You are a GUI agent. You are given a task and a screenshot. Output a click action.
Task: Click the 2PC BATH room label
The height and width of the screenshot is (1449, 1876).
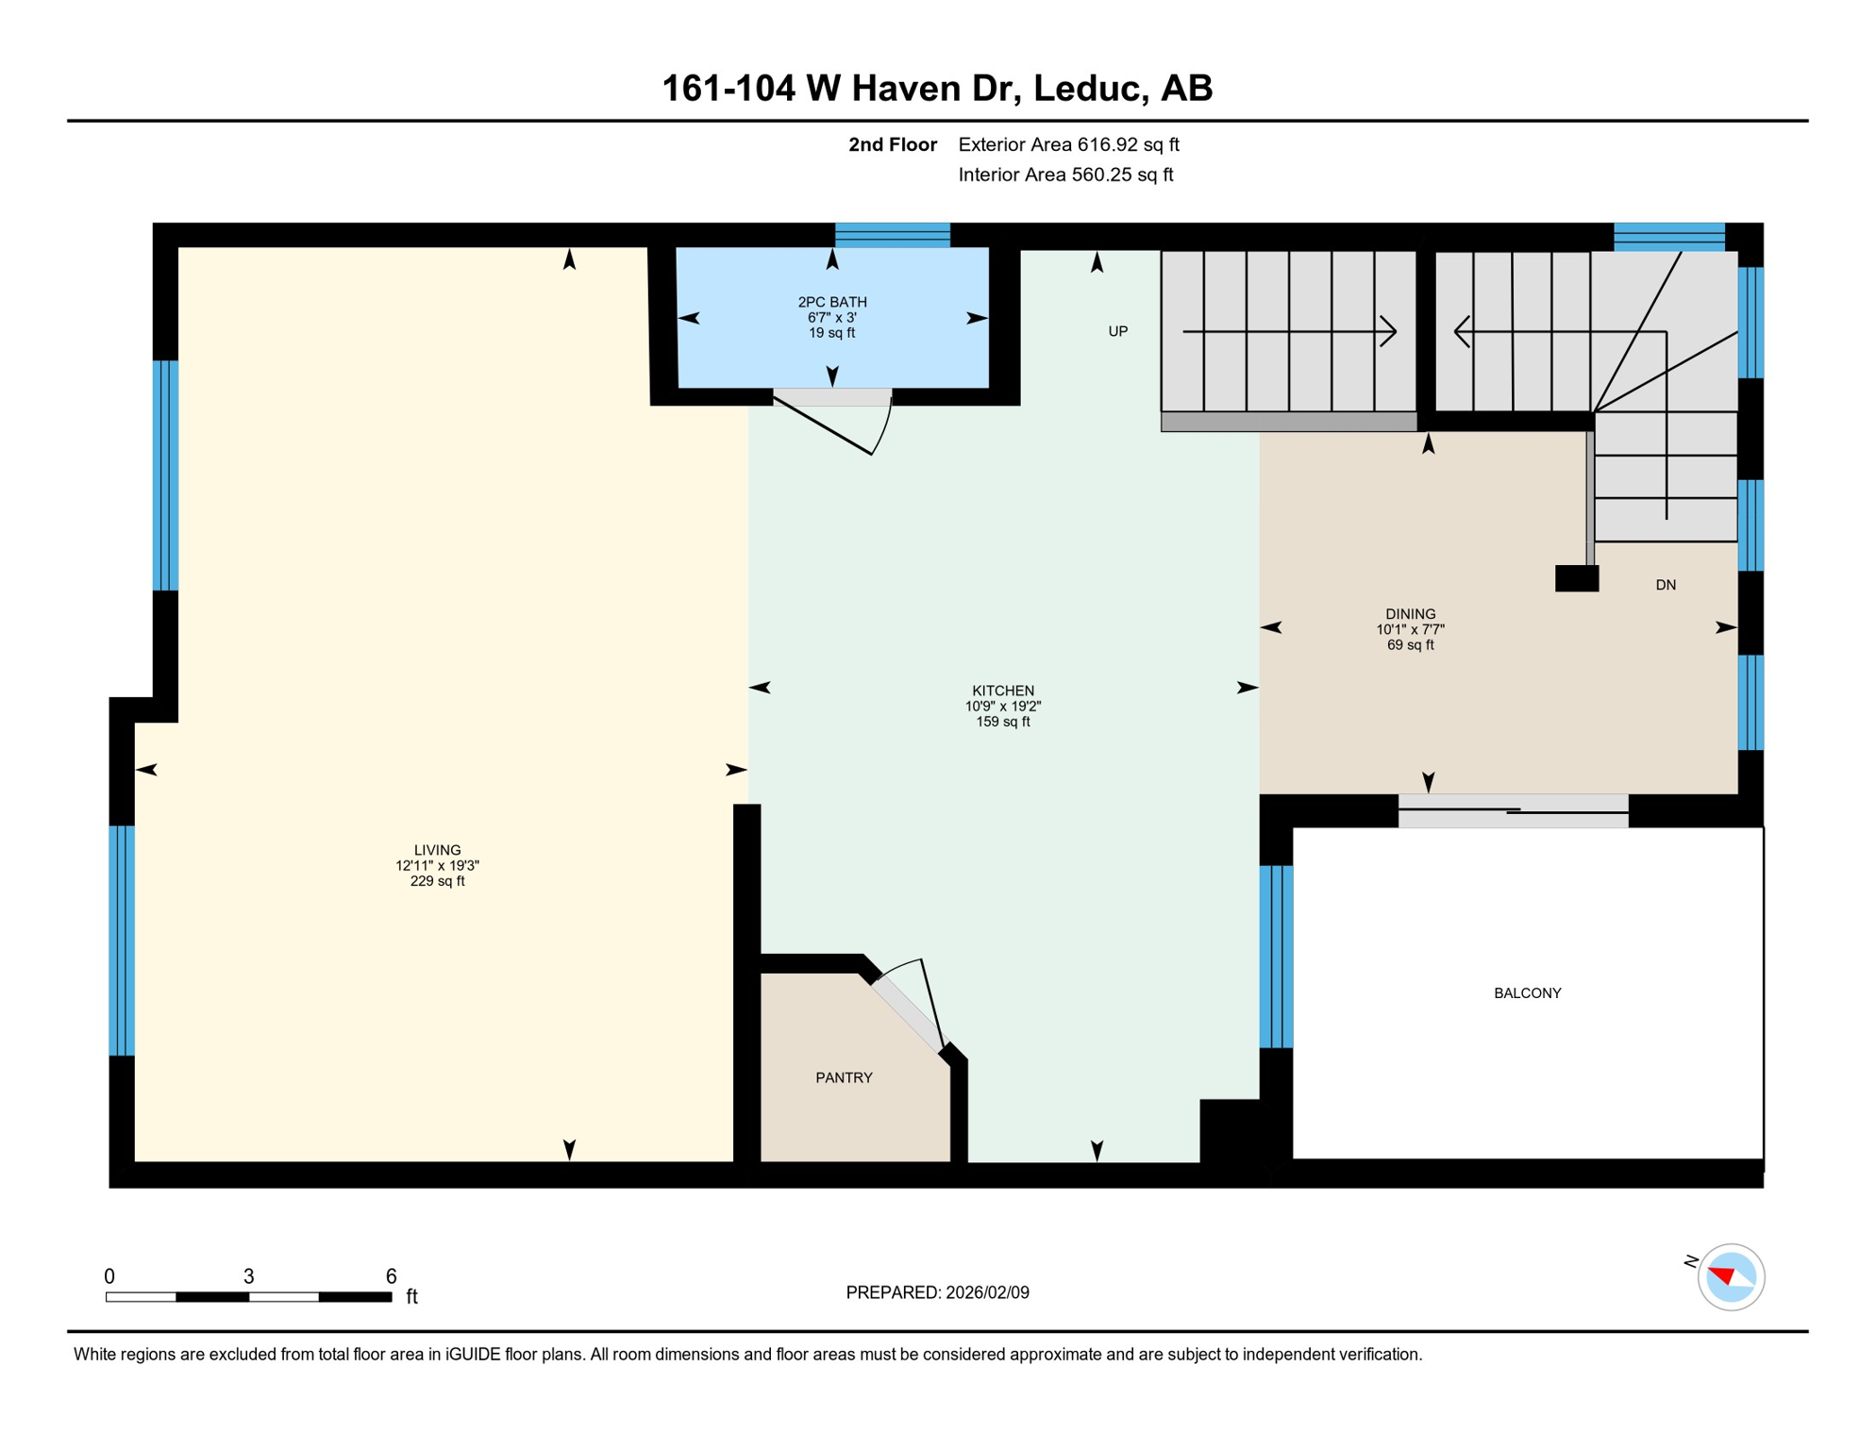tap(831, 302)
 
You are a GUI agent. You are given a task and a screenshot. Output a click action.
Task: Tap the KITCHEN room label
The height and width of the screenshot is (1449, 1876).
tap(1002, 691)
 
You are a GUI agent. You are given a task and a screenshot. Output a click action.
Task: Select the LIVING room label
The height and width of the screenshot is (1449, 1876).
tap(437, 850)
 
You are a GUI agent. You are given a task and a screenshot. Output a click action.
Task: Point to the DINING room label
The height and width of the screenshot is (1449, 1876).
tap(1410, 614)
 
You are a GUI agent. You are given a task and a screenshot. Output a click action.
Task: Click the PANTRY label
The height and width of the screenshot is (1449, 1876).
tap(844, 1077)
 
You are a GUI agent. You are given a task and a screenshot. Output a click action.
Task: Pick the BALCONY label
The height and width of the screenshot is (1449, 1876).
tap(1527, 992)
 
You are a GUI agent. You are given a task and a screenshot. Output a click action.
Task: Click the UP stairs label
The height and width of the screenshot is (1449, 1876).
tap(1117, 331)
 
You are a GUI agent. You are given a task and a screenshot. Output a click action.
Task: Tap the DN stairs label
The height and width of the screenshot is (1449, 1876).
tap(1666, 585)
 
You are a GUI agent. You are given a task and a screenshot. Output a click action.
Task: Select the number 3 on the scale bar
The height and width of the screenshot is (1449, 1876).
tap(248, 1276)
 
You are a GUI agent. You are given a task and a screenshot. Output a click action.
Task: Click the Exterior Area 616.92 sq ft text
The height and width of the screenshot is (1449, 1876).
tap(1068, 144)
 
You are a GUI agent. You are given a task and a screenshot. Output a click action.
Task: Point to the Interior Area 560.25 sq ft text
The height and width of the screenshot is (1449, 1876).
tap(1065, 175)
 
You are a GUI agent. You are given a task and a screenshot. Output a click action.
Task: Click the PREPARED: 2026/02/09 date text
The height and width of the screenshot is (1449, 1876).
tap(937, 1292)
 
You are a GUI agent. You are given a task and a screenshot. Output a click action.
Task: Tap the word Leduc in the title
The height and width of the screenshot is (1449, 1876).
tap(1090, 88)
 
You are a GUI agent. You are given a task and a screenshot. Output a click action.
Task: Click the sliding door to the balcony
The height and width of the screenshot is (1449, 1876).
tap(1513, 811)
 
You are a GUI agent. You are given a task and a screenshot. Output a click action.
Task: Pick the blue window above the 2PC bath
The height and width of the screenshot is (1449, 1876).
tap(892, 235)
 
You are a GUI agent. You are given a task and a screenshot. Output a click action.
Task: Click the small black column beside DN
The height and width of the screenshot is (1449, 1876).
tap(1576, 578)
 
